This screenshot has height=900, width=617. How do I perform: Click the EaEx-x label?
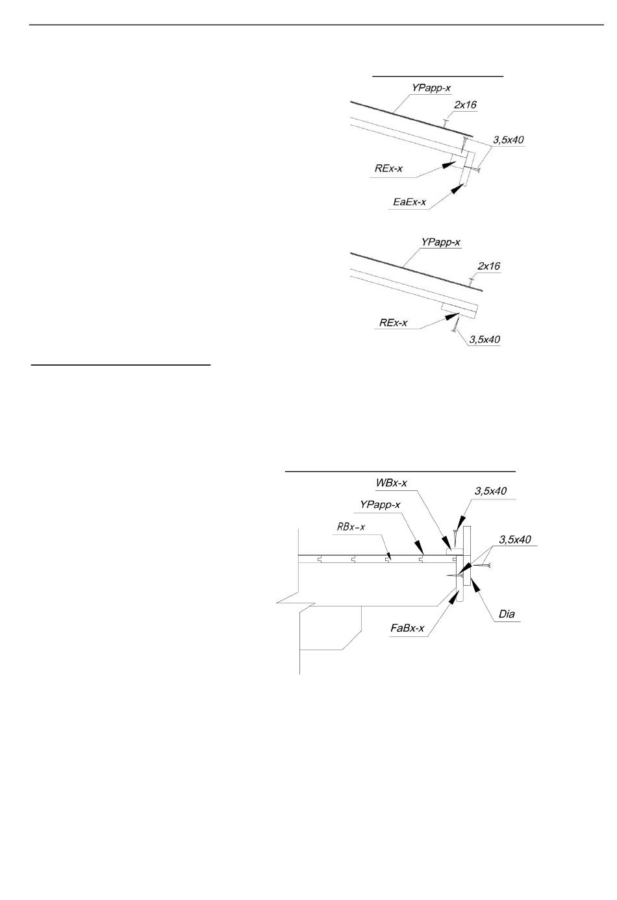[x=410, y=202]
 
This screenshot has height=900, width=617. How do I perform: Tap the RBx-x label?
[x=351, y=527]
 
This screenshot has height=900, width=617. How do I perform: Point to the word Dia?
[x=507, y=614]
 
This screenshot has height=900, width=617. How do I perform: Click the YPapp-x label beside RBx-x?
[x=380, y=505]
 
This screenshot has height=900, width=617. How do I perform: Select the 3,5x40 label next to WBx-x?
[x=490, y=491]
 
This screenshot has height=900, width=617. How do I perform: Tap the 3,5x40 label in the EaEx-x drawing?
[x=508, y=139]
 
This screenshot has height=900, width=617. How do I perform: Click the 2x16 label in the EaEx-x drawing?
[x=465, y=104]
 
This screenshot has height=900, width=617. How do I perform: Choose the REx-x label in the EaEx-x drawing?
[x=388, y=169]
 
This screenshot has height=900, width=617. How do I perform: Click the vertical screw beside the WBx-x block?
[x=456, y=536]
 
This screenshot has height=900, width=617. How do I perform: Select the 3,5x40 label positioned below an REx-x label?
[x=485, y=339]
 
